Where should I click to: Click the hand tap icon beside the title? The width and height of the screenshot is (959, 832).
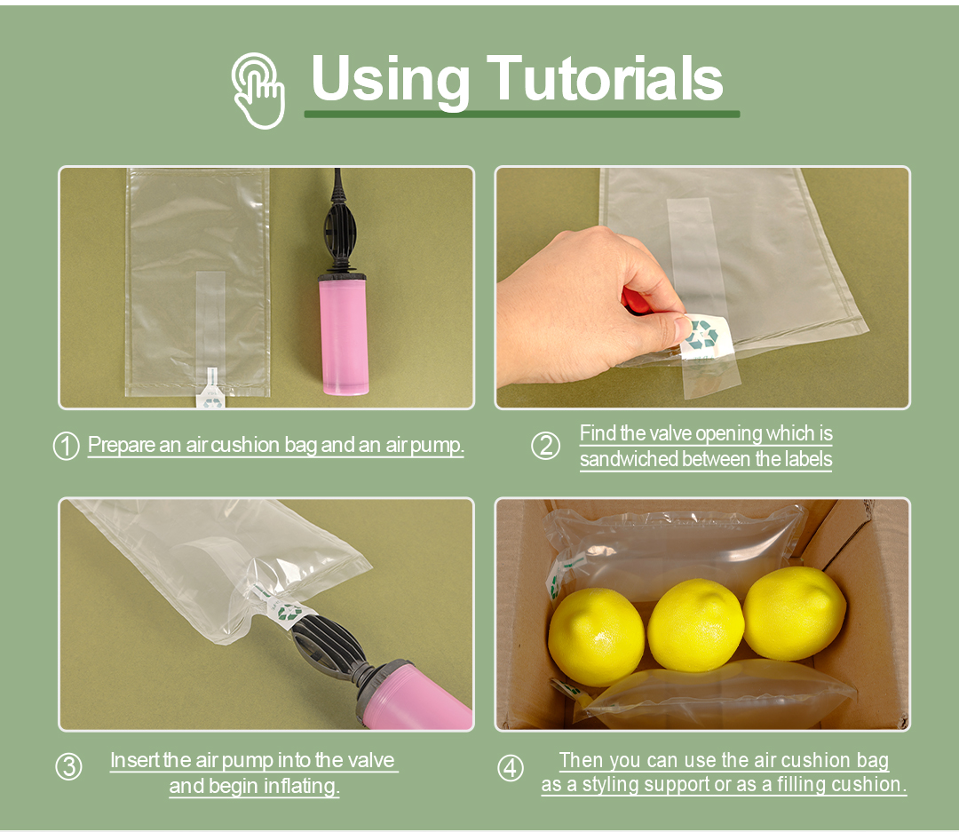258,90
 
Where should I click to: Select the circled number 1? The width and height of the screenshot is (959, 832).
67,446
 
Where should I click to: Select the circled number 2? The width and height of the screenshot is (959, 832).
545,446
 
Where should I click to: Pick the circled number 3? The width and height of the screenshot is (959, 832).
68,767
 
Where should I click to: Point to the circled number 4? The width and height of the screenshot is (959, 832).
511,767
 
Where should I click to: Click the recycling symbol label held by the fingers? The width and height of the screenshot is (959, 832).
705,337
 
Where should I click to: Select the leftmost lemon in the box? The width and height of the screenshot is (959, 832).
596,636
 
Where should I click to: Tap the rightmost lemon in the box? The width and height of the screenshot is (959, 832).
794,613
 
